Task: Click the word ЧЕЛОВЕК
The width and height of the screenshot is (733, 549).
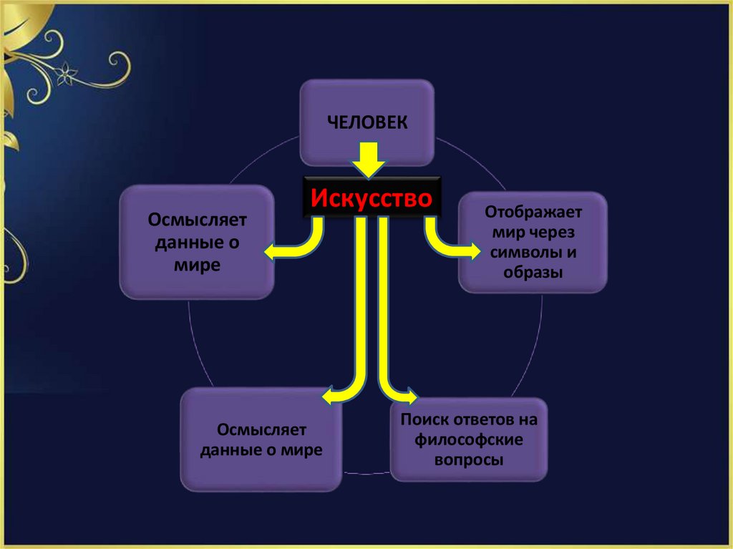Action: [368, 122]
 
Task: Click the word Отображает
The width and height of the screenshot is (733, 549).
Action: [534, 213]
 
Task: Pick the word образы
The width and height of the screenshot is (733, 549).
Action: [533, 273]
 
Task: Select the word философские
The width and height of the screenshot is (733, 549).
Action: [469, 439]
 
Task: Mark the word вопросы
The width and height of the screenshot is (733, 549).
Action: [469, 459]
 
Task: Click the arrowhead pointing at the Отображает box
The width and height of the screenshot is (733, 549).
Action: [475, 251]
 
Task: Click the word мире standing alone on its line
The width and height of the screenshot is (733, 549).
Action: [195, 265]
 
